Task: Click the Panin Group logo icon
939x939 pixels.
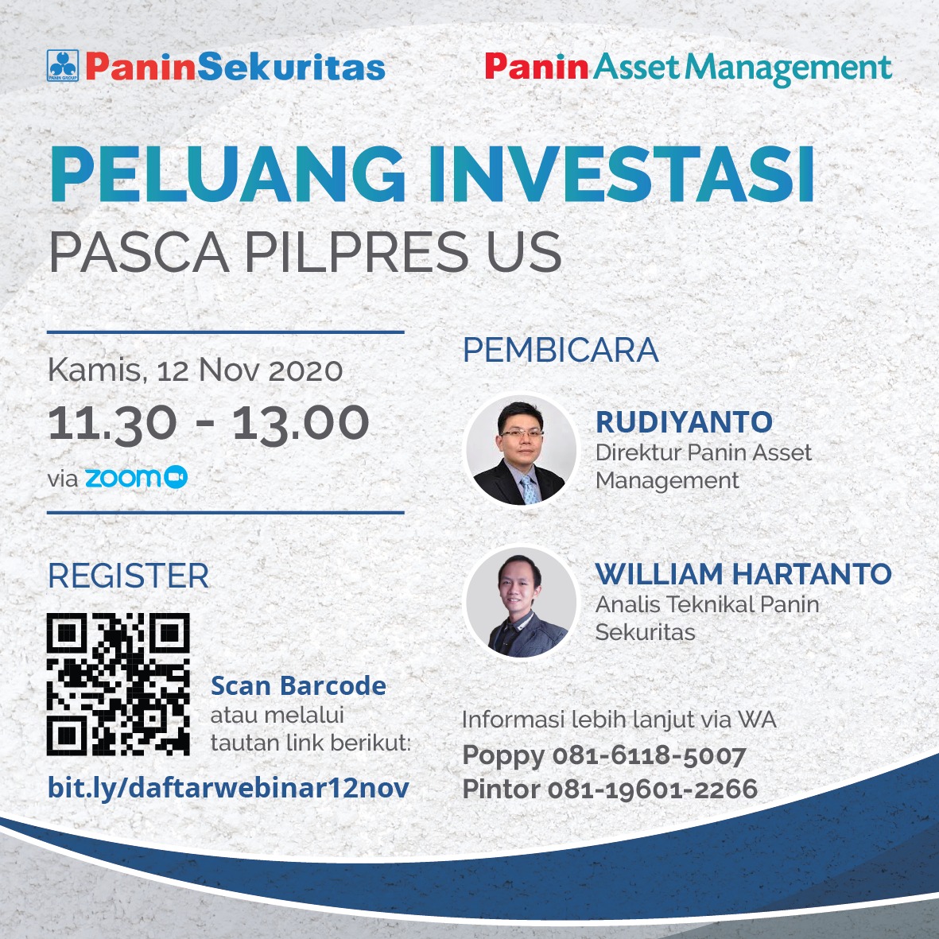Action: pos(62,65)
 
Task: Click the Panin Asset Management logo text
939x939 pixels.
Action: pos(689,68)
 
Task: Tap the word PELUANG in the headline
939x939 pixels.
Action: pos(228,173)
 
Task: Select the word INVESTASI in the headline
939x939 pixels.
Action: pos(622,173)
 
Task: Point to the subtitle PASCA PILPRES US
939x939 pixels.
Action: pos(305,253)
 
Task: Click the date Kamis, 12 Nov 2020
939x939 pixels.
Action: pos(196,370)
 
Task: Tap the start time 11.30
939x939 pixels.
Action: pos(113,424)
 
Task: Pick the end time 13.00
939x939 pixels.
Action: pos(301,424)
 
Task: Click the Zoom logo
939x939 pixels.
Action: pos(137,477)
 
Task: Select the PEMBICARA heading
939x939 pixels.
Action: pos(561,351)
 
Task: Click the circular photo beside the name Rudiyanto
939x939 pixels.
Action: pos(521,449)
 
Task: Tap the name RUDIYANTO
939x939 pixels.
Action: pos(684,421)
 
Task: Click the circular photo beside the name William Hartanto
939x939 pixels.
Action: pos(521,602)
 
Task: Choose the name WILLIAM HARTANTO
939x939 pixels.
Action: pos(743,574)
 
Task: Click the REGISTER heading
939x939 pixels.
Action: pos(128,576)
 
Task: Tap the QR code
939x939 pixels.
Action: pos(118,684)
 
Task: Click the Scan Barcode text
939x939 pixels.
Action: pos(298,686)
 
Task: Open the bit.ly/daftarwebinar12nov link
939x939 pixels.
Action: pos(228,787)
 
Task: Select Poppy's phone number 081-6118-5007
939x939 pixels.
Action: pos(649,756)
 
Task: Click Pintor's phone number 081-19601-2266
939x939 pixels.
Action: pos(653,789)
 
